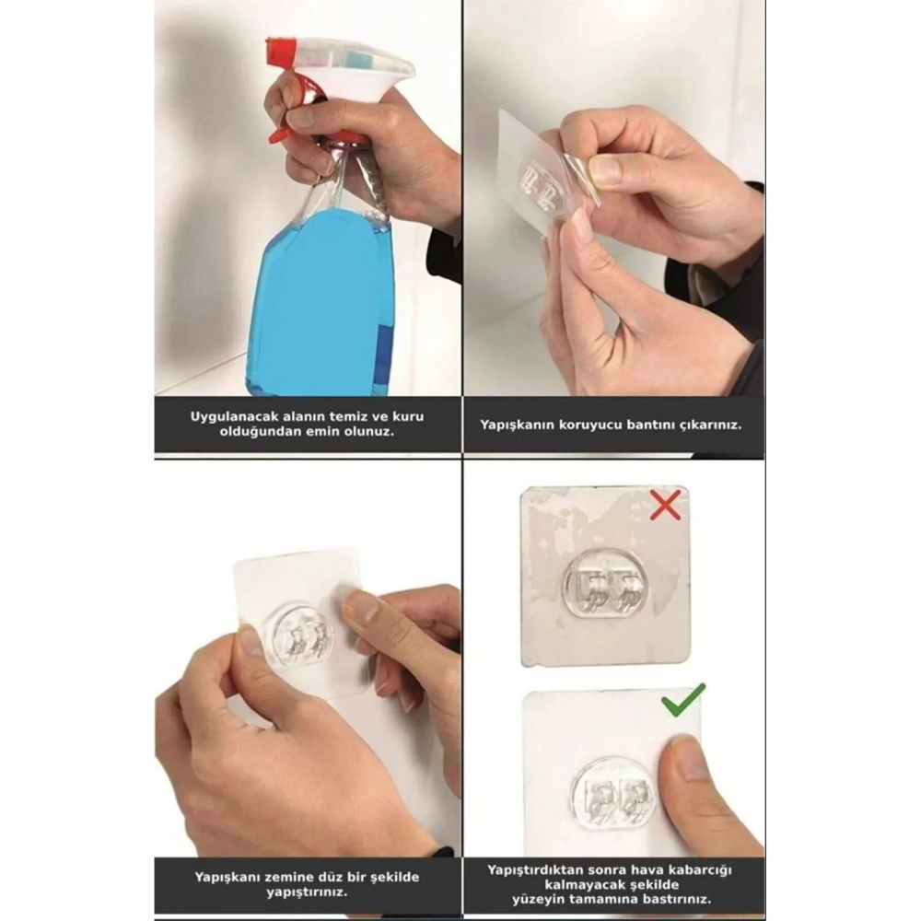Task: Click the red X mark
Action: [665, 504]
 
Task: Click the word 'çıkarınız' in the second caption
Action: [706, 426]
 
